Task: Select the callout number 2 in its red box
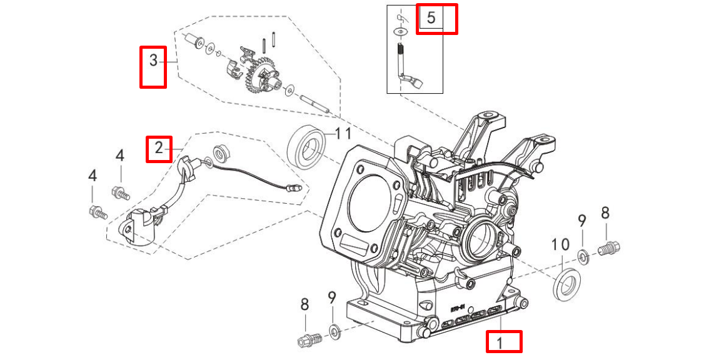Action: tap(159, 148)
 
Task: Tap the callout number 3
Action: tap(153, 61)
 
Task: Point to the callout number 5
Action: tap(431, 17)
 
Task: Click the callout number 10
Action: tap(560, 244)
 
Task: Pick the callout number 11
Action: tap(343, 133)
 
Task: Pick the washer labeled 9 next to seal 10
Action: tap(582, 256)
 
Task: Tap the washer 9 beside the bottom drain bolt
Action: tap(334, 330)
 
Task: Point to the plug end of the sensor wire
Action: tap(290, 186)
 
